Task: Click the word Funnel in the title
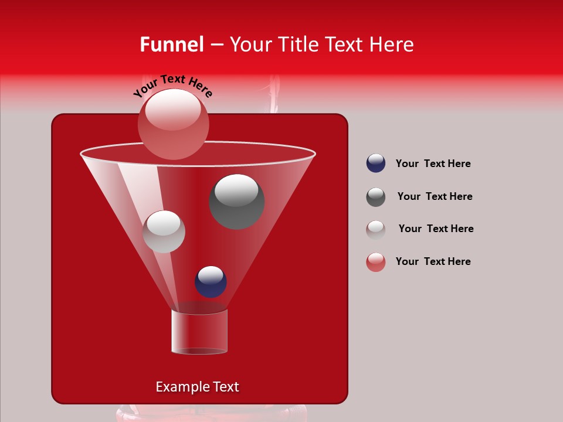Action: tap(172, 45)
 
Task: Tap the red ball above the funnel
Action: tap(173, 124)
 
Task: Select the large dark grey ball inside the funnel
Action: tap(237, 202)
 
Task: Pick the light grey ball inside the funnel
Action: tap(164, 232)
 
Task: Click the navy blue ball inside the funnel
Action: tap(211, 281)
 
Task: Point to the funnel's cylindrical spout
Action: tap(199, 331)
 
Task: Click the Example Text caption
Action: tap(197, 387)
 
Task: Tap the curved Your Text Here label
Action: tap(172, 85)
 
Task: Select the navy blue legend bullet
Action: tap(376, 164)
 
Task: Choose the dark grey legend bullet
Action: tap(376, 197)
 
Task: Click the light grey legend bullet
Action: tap(376, 229)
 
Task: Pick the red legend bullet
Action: tap(376, 262)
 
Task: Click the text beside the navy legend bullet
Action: tap(433, 164)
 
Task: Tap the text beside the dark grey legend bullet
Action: tap(435, 196)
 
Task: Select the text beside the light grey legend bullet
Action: tap(436, 229)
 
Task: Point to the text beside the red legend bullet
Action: tap(433, 261)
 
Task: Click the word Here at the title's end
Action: tap(393, 45)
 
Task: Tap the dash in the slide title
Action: tap(216, 45)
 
